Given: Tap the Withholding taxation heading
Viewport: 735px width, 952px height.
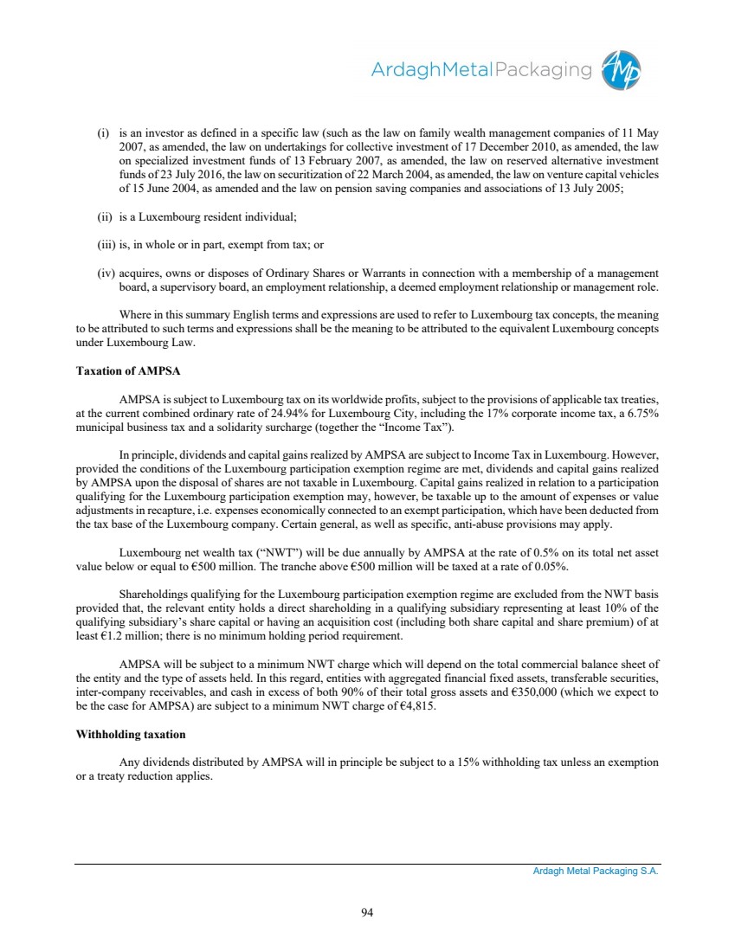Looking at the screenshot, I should tap(131, 734).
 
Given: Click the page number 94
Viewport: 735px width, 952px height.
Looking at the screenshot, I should tap(367, 910).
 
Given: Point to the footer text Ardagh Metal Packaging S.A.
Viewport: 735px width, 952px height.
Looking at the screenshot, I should tap(596, 872).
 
